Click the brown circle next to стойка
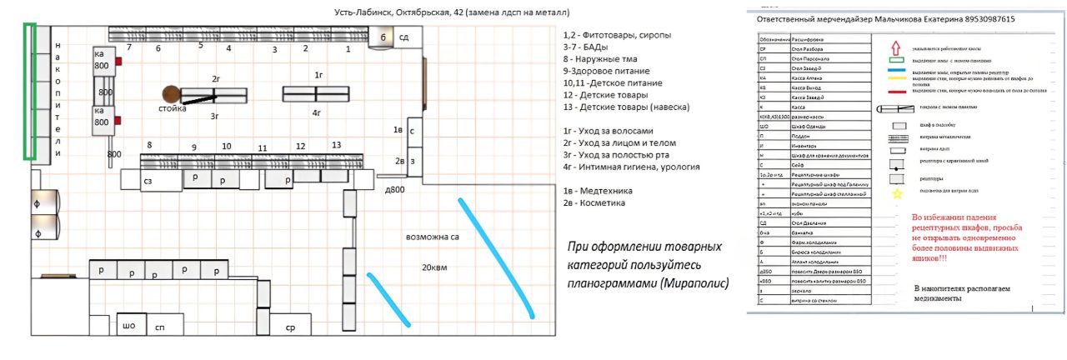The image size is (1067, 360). click(172, 93)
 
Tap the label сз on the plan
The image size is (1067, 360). click(148, 180)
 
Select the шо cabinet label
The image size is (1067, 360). click(129, 326)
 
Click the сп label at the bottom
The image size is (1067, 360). click(159, 328)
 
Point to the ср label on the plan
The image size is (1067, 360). click(290, 327)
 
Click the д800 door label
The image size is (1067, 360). click(395, 190)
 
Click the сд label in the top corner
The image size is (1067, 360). click(403, 37)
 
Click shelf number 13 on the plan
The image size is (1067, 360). click(336, 145)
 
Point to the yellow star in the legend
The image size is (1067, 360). click(897, 194)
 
